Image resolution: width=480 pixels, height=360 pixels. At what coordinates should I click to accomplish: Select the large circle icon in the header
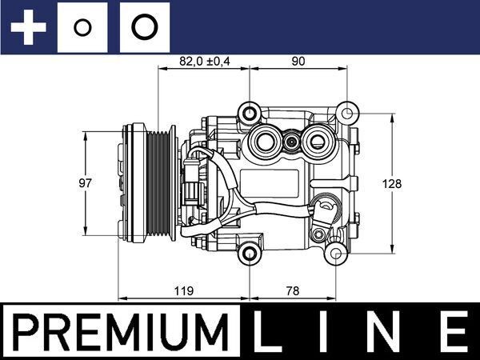coord(144,28)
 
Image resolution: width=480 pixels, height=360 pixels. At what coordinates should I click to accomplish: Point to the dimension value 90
coord(298,61)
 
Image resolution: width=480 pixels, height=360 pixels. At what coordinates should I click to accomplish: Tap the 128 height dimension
coord(392,183)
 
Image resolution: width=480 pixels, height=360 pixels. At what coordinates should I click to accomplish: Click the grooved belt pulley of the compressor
coord(149,183)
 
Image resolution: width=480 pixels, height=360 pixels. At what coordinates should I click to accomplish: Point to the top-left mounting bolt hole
coord(251,111)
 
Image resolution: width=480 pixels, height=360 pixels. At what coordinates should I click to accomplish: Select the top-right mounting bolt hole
coord(345,112)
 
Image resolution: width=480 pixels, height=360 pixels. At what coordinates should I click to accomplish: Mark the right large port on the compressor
coord(318,142)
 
